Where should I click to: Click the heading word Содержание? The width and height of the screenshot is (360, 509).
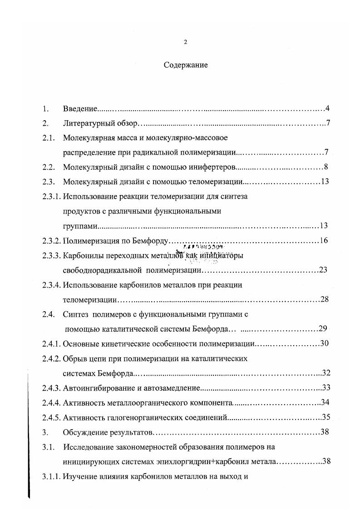186,65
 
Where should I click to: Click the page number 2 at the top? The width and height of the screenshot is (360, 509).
185,42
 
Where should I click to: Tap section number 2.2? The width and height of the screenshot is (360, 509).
49,167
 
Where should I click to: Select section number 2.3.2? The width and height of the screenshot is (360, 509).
51,240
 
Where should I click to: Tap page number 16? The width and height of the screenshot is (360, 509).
324,240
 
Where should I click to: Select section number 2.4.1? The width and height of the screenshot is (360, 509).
51,343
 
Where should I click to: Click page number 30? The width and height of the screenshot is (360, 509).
324,343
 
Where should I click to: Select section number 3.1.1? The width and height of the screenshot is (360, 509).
51,476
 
